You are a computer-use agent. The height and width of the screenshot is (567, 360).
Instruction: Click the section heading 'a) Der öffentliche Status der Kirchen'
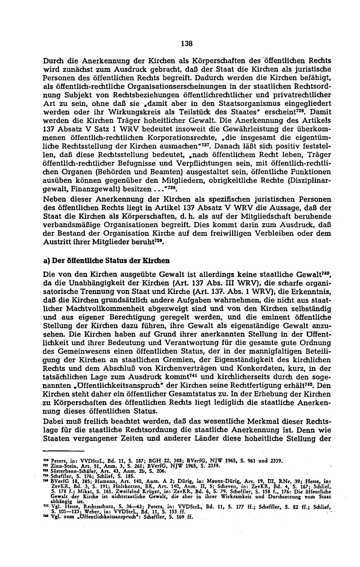pos(106,260)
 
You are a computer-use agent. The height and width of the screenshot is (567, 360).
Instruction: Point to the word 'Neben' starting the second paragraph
pos(53,199)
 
